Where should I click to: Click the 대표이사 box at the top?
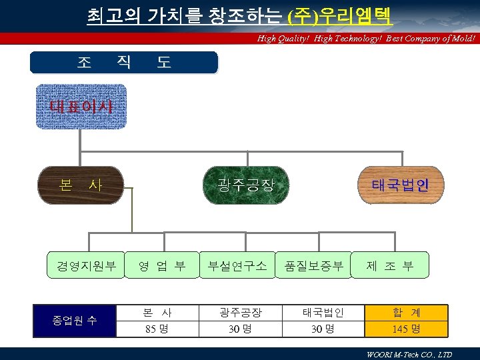tap(81, 106)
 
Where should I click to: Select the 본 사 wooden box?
tap(81, 185)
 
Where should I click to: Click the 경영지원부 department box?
tap(86, 265)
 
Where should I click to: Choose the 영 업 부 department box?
tap(162, 265)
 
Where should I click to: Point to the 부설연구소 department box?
tap(237, 265)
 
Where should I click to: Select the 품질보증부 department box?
tap(313, 265)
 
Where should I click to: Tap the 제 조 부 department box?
tap(390, 265)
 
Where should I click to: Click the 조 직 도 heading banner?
tap(124, 63)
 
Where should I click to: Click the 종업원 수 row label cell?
tap(75, 321)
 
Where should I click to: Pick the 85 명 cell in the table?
tap(157, 329)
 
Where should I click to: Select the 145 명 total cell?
tap(406, 329)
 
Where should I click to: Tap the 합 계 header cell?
tap(406, 312)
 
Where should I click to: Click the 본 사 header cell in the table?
tap(157, 312)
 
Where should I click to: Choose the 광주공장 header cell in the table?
tap(241, 312)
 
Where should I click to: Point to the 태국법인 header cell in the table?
tap(323, 312)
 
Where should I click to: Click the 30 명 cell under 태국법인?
tap(323, 329)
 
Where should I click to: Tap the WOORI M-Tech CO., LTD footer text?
tap(409, 355)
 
